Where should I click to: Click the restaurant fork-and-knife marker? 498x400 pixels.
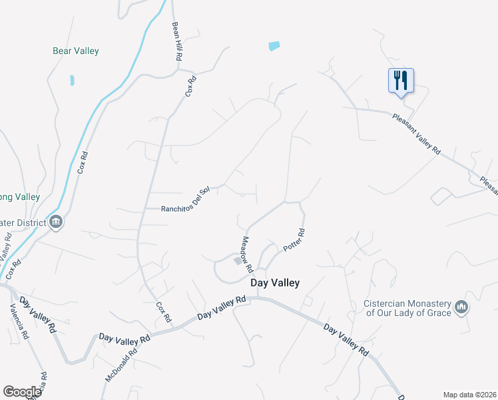[x=401, y=81]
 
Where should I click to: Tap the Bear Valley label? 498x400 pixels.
[x=76, y=51]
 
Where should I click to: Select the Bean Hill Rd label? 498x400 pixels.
[x=176, y=42]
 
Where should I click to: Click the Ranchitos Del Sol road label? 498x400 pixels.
[x=186, y=209]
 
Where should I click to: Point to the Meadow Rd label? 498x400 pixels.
[x=247, y=255]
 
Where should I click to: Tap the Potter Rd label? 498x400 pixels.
[x=294, y=240]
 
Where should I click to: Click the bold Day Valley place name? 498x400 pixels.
[x=275, y=283]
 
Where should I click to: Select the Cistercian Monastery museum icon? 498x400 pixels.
[x=461, y=307]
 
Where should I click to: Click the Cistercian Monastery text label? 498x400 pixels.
[x=407, y=307]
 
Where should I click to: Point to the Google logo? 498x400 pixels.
[x=22, y=392]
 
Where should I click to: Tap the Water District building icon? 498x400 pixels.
[x=56, y=222]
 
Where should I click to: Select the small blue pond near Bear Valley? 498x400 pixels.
[x=72, y=81]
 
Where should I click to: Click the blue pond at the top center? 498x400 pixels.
[x=274, y=46]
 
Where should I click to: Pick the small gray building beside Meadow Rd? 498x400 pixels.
[x=237, y=261]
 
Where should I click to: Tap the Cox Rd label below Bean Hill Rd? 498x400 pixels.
[x=191, y=87]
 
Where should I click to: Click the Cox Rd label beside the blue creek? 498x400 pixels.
[x=83, y=162]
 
